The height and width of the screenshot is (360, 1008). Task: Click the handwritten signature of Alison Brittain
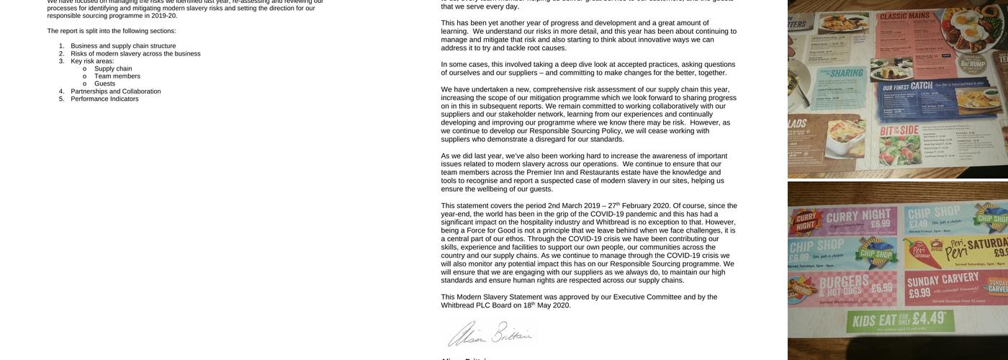click(x=490, y=334)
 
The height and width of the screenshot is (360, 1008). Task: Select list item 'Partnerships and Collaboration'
click(x=115, y=91)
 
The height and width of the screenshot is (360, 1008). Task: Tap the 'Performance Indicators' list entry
click(x=104, y=99)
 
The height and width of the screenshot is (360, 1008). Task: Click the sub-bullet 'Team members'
click(x=117, y=76)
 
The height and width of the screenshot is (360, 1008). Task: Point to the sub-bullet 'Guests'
click(x=104, y=84)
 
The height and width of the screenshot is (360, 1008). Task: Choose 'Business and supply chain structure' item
click(x=123, y=46)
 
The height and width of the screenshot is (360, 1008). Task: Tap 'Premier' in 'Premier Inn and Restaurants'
click(x=539, y=173)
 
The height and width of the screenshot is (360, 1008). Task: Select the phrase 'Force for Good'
click(x=490, y=231)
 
